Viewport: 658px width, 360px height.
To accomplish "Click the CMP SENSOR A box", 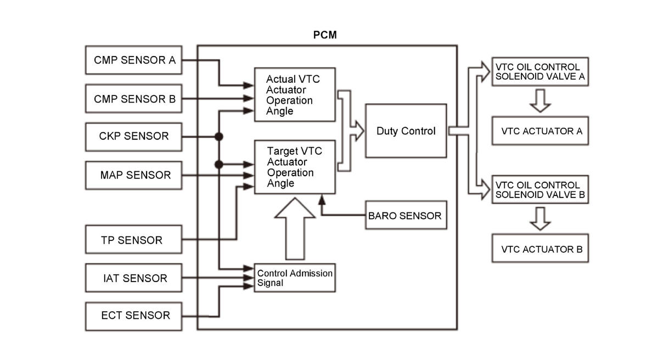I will click(133, 60).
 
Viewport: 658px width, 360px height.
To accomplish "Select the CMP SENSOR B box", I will click(133, 99).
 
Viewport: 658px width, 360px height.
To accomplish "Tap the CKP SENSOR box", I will click(133, 137).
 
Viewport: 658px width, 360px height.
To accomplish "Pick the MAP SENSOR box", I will click(133, 175).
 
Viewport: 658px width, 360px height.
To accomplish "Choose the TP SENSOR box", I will click(133, 240).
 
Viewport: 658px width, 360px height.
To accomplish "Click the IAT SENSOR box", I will click(133, 278).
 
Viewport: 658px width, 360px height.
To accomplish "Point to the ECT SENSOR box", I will click(133, 316).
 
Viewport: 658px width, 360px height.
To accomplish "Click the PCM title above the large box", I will click(325, 35).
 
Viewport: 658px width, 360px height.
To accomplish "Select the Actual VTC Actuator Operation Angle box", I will click(295, 95).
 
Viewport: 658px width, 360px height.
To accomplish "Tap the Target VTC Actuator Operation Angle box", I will click(295, 167).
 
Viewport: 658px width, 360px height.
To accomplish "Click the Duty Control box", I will click(406, 131).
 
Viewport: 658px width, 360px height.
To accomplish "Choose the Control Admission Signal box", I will click(295, 278).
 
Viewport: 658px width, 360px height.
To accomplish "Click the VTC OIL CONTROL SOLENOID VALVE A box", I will click(540, 72).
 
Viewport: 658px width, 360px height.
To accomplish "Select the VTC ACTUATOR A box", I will click(540, 131).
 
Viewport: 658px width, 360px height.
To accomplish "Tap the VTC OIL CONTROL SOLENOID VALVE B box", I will click(540, 189).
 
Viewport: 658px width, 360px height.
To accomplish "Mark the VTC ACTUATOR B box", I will click(540, 249).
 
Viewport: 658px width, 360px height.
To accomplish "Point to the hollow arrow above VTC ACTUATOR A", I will click(540, 101).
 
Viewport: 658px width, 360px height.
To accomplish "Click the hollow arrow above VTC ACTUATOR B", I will click(540, 219).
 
